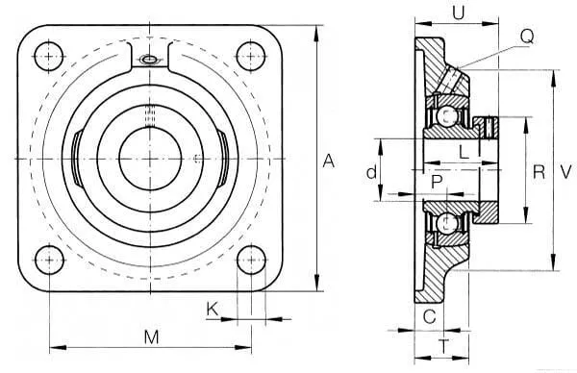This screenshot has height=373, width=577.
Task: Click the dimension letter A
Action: click(329, 162)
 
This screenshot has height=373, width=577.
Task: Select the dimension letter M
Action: click(151, 337)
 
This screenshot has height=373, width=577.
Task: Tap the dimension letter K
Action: click(213, 309)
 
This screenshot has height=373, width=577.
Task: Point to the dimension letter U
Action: click(459, 13)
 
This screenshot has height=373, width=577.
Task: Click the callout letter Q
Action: click(527, 37)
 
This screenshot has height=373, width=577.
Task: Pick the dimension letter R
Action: click(539, 172)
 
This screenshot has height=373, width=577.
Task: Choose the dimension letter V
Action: click(565, 172)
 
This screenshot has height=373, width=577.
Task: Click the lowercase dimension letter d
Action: click(372, 172)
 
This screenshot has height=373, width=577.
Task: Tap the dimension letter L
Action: click(464, 152)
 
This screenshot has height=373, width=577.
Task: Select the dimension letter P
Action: click(437, 182)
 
